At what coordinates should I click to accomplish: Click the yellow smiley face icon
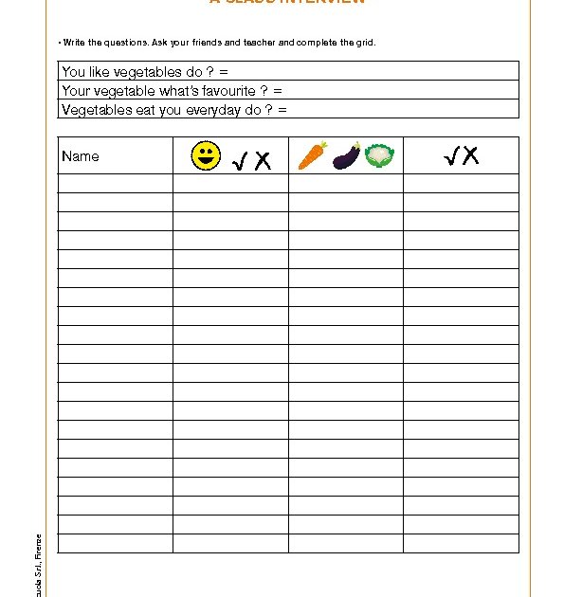pyautogui.click(x=206, y=155)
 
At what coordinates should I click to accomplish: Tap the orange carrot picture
pyautogui.click(x=312, y=155)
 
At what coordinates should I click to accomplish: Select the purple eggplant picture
pyautogui.click(x=346, y=155)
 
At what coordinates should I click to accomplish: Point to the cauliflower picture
pyautogui.click(x=379, y=155)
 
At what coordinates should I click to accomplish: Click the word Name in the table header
pyautogui.click(x=80, y=156)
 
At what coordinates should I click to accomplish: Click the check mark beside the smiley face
pyautogui.click(x=241, y=161)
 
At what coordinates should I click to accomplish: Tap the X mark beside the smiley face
pyautogui.click(x=263, y=161)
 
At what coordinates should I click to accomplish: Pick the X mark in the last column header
pyautogui.click(x=469, y=155)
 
